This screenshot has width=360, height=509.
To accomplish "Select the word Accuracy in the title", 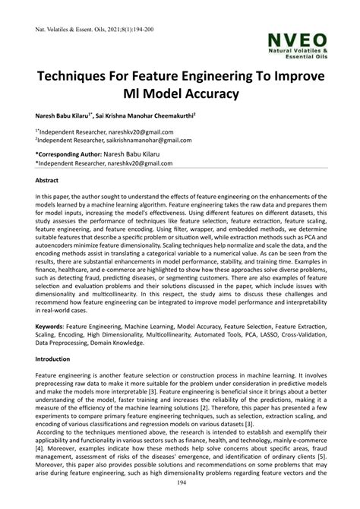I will [204, 93].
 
